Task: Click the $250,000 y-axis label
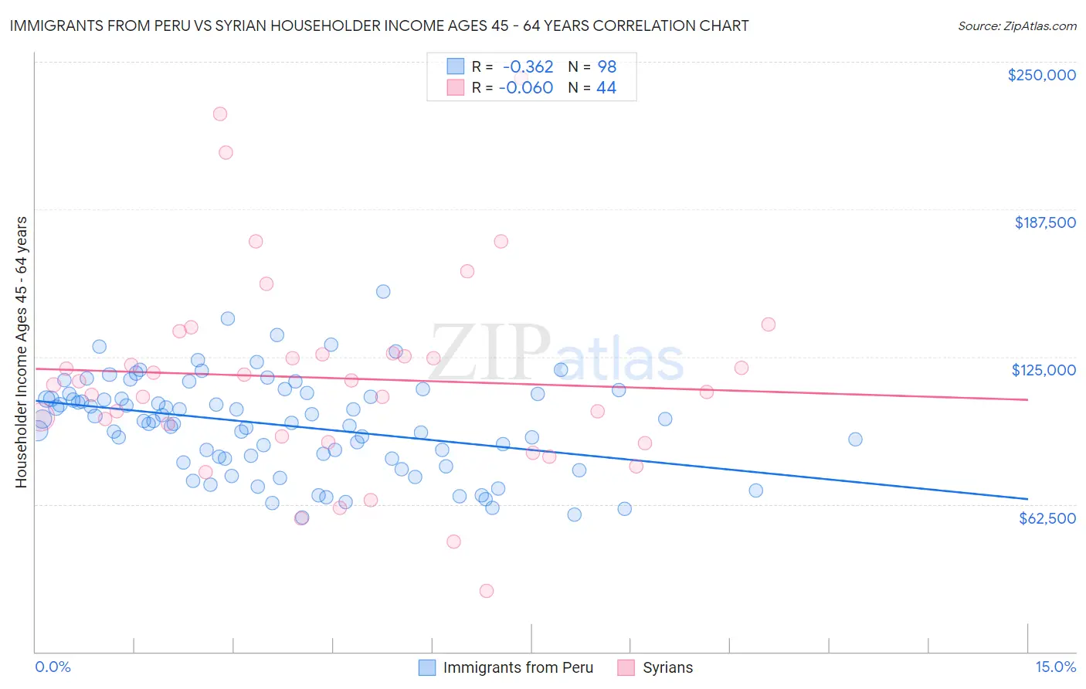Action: pos(1041,75)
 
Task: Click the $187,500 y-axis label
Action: pos(1044,222)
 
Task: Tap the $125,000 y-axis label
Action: pos(1044,370)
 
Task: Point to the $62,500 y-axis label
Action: pos(1047,518)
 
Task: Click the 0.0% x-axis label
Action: pos(53,667)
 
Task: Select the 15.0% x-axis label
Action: pos(1055,667)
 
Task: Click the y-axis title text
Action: pos(21,352)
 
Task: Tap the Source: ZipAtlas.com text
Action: pos(1016,25)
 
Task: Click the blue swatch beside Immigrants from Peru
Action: pos(427,667)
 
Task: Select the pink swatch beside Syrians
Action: pos(626,667)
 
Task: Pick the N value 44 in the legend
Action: pos(606,88)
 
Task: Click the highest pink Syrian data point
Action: pos(220,114)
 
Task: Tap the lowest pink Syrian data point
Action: pos(487,591)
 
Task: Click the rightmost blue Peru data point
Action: pos(855,440)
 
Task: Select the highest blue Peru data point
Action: pos(383,291)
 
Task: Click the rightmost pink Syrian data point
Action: pos(768,324)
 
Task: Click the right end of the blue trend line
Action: pos(1027,499)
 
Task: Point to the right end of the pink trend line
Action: pos(1027,399)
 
